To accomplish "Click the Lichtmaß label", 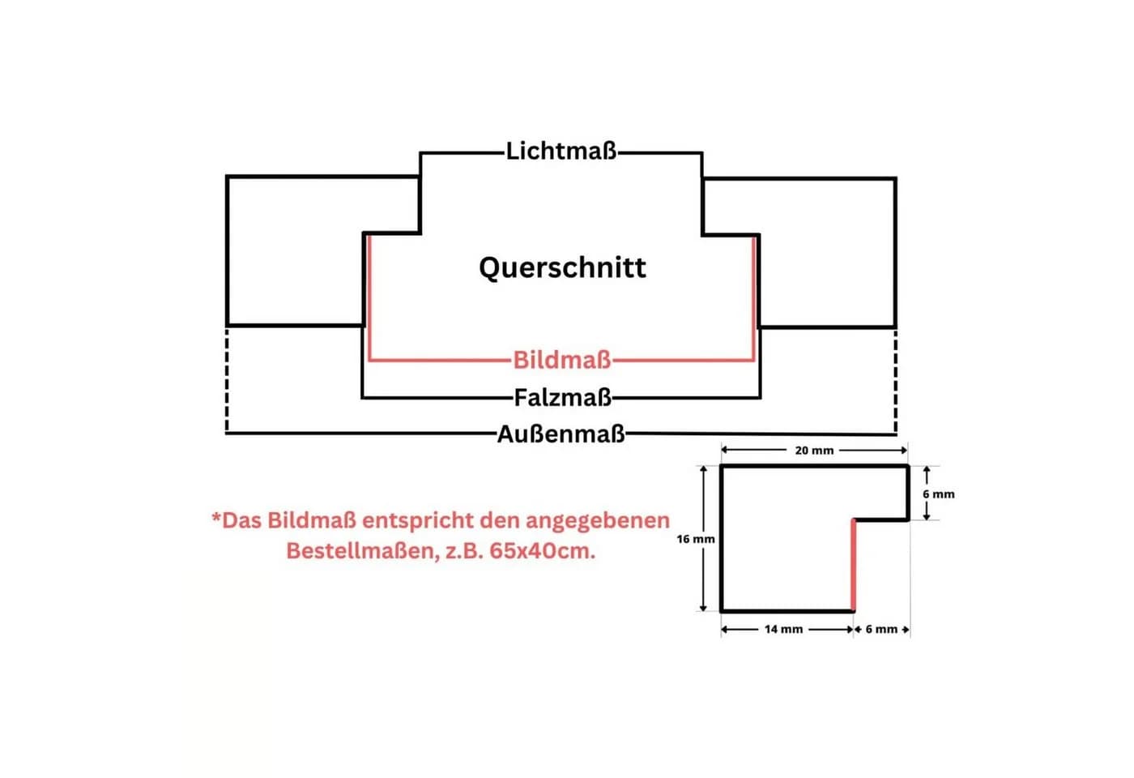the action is pos(561,151).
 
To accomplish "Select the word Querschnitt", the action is pos(562,267).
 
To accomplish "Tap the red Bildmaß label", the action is pos(562,360).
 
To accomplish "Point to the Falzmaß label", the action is pos(562,398).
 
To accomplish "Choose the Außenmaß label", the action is pos(561,434).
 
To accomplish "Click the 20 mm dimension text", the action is pos(814,451).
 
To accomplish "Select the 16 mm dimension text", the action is pos(696,539).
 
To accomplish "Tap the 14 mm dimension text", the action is pos(784,629).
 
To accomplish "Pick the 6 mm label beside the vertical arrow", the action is pos(939,494).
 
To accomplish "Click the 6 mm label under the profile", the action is pos(881,629).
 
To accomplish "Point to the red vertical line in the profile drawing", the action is pos(854,566).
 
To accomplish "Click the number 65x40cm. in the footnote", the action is pos(542,551).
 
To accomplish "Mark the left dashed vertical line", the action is pos(227,380).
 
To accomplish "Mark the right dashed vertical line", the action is pos(896,382).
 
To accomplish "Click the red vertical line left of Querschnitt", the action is pos(369,298).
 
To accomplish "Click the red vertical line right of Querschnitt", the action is pos(754,298).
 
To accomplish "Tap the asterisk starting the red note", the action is pos(217,517).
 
